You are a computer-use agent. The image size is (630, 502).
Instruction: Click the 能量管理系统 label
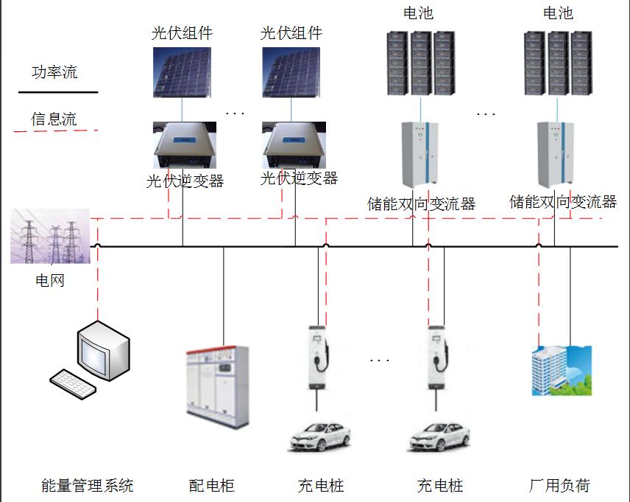point(88,486)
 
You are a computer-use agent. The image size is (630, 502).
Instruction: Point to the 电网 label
point(50,281)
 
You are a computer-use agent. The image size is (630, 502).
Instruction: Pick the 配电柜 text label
point(212,486)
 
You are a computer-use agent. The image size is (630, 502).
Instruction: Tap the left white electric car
point(319,436)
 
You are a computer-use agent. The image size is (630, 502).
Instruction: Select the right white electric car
point(439,436)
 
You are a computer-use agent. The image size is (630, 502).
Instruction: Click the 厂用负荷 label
point(559,486)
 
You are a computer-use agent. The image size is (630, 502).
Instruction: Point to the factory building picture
point(562,370)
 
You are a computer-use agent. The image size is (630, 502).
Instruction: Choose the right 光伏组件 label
point(291,33)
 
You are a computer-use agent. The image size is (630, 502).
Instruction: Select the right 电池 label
point(557,13)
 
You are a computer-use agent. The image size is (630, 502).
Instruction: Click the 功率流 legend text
point(54,72)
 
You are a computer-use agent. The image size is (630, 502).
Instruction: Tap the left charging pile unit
point(317,358)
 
